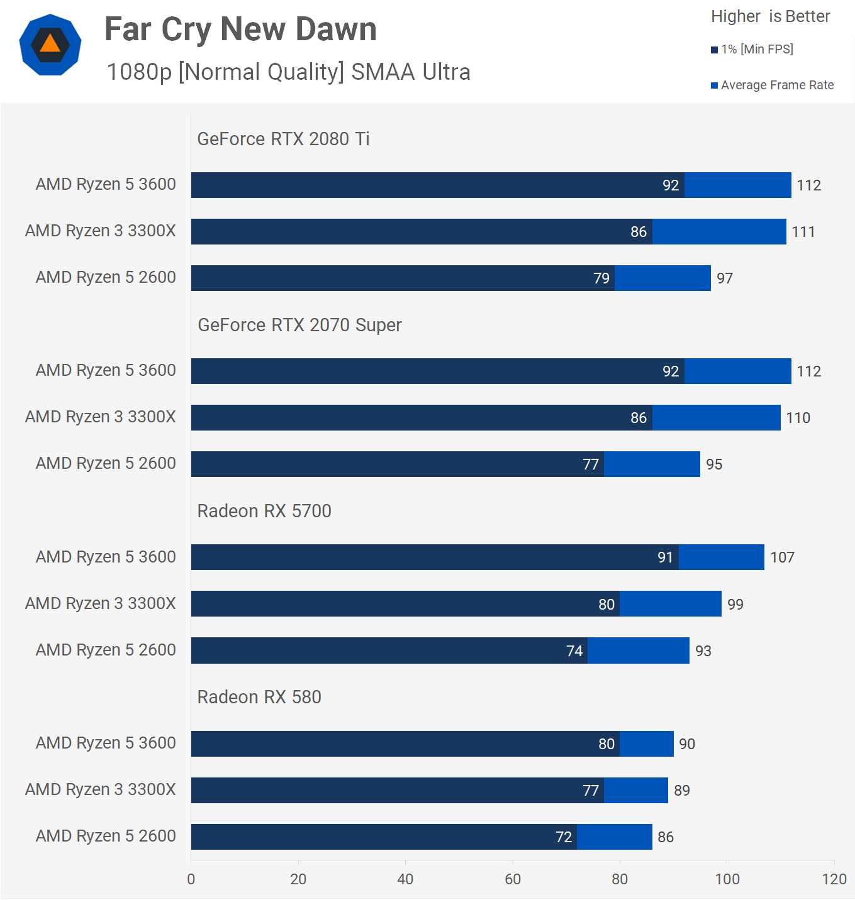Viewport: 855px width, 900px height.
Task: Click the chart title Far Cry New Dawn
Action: pos(240,30)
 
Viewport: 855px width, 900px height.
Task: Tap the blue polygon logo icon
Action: pos(50,45)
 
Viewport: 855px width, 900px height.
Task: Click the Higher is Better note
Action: pos(770,16)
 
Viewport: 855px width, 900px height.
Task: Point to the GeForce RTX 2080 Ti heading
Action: pos(283,139)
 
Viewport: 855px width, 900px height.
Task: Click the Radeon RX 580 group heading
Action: pos(259,697)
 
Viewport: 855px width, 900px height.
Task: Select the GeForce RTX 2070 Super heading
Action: pos(299,325)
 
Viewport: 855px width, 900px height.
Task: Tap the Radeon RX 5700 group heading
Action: pos(264,511)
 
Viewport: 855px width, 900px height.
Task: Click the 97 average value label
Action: pos(725,278)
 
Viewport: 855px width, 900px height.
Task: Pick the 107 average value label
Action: pos(782,557)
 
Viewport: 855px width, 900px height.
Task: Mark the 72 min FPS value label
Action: pos(564,837)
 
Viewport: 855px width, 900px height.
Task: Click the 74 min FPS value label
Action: pos(574,651)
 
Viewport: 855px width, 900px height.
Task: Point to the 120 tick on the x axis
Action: pos(834,879)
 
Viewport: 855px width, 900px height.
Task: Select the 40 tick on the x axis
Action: pos(405,879)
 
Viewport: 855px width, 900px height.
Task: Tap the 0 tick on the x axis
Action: pos(191,879)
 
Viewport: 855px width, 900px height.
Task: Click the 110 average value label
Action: pos(798,418)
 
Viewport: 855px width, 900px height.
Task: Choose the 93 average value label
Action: pos(703,651)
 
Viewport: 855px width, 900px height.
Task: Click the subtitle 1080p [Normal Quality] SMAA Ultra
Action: pos(288,72)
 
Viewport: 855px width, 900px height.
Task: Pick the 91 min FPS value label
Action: pos(665,557)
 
